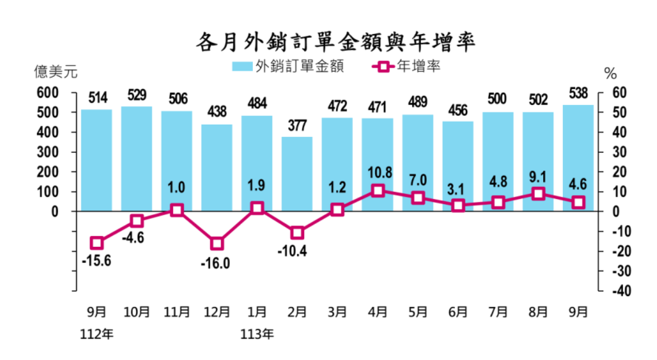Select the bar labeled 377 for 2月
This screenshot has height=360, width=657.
pyautogui.click(x=297, y=174)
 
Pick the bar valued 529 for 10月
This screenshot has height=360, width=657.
pyautogui.click(x=136, y=159)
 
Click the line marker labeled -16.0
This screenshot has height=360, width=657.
pyautogui.click(x=216, y=243)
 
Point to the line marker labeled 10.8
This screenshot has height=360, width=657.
pyautogui.click(x=377, y=190)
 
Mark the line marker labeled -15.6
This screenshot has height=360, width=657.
pyautogui.click(x=96, y=243)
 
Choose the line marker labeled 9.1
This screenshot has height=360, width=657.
pyautogui.click(x=537, y=194)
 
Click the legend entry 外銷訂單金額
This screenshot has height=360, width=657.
pyautogui.click(x=288, y=66)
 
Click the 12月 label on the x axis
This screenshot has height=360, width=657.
pyautogui.click(x=216, y=312)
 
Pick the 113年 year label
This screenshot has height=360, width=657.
pyautogui.click(x=257, y=333)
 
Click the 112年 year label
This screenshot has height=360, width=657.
pyautogui.click(x=96, y=333)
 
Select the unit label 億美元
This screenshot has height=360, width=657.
pyautogui.click(x=55, y=73)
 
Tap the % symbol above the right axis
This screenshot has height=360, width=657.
pyautogui.click(x=610, y=74)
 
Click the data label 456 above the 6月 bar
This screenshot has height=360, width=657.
pyautogui.click(x=457, y=111)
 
